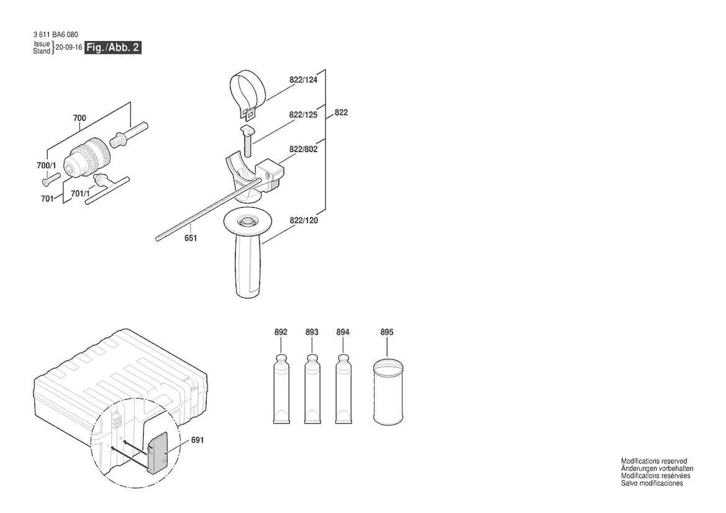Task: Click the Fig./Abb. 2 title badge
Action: (112, 47)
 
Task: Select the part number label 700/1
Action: (47, 165)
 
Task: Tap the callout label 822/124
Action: (303, 79)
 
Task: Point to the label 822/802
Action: (303, 149)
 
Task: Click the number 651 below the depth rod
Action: (191, 238)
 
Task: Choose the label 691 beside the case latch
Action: (197, 440)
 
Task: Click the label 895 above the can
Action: (387, 332)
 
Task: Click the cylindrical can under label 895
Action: (388, 392)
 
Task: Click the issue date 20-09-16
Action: (68, 47)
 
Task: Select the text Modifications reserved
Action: (654, 461)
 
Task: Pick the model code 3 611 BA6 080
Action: (55, 35)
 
